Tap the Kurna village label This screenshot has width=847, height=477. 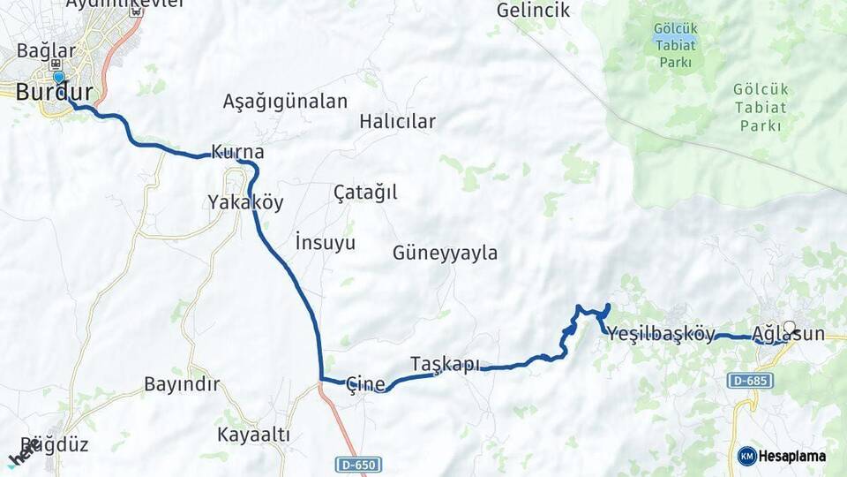coord(237,152)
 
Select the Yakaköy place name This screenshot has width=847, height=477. coord(245,202)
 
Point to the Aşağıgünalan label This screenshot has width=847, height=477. coord(285,101)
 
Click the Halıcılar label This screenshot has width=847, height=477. coord(397,122)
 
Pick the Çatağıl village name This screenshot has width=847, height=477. coord(365,192)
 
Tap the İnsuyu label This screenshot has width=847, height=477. coord(325,241)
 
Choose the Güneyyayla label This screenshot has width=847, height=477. coord(445,254)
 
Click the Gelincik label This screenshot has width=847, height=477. coord(533,11)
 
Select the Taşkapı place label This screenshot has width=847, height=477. coord(446,364)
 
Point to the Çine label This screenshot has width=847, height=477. coord(365,383)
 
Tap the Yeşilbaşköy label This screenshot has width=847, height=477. coord(660,334)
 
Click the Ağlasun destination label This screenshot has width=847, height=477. coord(789,334)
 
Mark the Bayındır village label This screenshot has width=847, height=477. coord(182,384)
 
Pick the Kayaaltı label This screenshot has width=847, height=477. coord(254,435)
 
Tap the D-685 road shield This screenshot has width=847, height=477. coord(750,381)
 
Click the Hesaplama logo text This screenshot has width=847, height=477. coord(791,456)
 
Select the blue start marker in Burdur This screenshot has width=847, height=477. coord(58,77)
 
